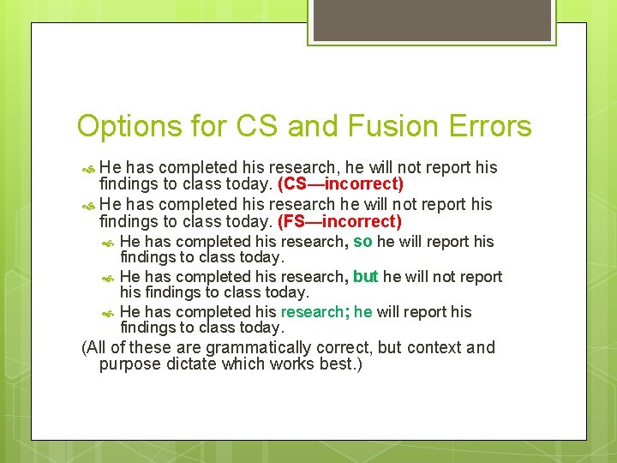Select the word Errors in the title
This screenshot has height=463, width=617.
pyautogui.click(x=494, y=127)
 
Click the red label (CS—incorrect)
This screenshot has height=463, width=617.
pyautogui.click(x=341, y=184)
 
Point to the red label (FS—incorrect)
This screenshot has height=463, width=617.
pyautogui.click(x=340, y=222)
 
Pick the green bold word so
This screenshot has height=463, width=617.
pyautogui.click(x=362, y=242)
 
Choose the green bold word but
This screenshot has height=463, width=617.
pyautogui.click(x=366, y=277)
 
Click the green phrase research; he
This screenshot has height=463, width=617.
pyautogui.click(x=326, y=312)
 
